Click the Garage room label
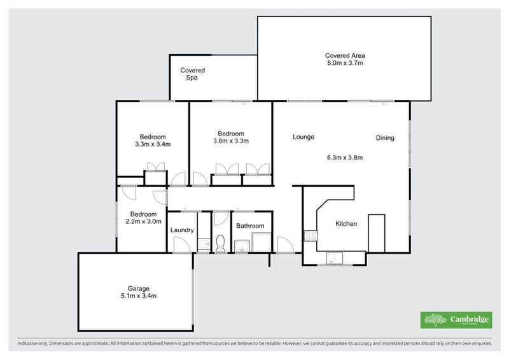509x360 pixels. click(x=138, y=288)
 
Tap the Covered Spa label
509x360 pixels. click(x=193, y=74)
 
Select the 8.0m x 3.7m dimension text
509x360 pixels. click(x=345, y=63)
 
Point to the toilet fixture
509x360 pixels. click(x=220, y=244)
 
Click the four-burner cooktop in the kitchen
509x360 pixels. click(x=310, y=236)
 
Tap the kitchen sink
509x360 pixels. click(x=335, y=258)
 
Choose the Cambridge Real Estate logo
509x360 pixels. click(x=456, y=320)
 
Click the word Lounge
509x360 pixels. click(x=303, y=137)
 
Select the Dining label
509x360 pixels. click(x=385, y=138)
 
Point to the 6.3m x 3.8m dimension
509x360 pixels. click(x=345, y=158)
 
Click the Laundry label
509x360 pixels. click(x=182, y=230)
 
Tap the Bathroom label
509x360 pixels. click(x=250, y=226)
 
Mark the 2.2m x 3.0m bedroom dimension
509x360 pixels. click(x=143, y=222)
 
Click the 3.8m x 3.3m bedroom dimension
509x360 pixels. click(x=231, y=141)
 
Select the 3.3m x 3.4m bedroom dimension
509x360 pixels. click(x=153, y=144)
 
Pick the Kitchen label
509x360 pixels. click(x=346, y=224)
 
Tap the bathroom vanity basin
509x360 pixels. click(x=242, y=246)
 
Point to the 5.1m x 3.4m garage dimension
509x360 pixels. click(x=138, y=296)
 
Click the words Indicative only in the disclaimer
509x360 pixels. click(x=32, y=343)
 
